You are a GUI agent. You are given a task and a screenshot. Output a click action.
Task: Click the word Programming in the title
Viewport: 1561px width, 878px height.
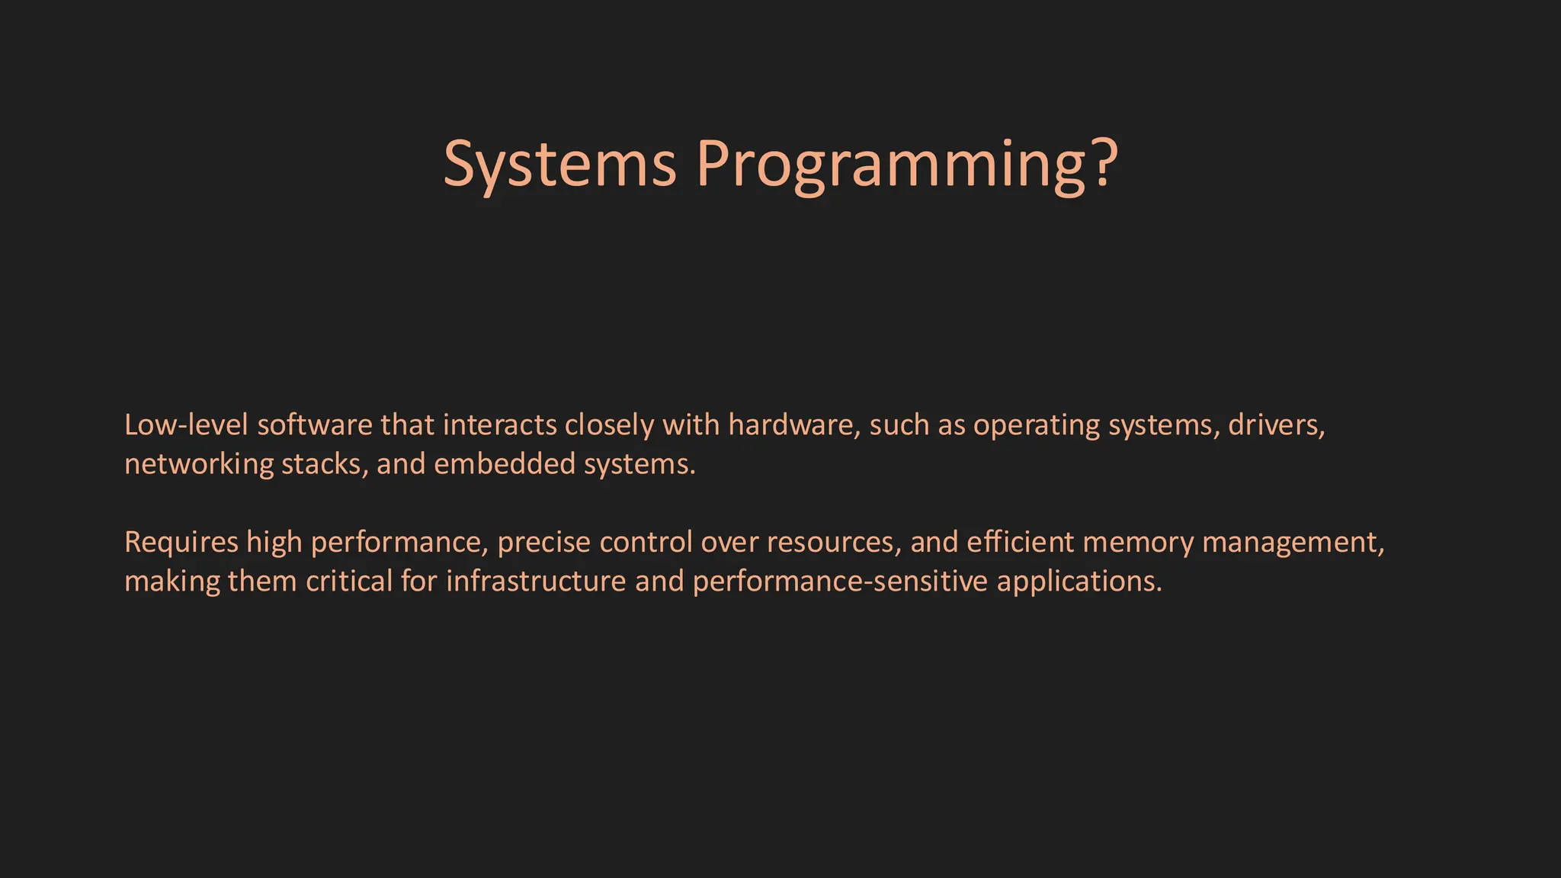point(893,164)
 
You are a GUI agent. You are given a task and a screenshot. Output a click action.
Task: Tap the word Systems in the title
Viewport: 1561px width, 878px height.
point(559,164)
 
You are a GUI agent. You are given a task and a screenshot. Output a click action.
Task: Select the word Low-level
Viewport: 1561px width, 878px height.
point(186,425)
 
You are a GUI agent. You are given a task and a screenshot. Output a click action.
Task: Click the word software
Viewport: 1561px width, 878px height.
point(315,425)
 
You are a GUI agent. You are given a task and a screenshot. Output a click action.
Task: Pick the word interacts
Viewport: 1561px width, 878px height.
point(499,425)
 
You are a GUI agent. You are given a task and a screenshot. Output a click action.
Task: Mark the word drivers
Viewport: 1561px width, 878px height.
point(1276,425)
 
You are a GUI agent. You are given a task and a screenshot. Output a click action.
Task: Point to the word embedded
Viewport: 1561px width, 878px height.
point(504,464)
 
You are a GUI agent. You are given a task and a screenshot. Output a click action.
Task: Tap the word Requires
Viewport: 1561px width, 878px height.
point(181,543)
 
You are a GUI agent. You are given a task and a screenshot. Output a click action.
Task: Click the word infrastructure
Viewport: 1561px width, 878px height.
point(536,582)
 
